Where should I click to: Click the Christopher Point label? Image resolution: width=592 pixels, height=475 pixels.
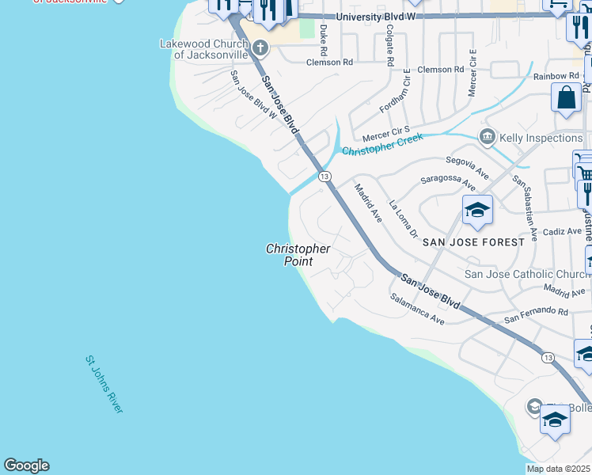[x=298, y=255]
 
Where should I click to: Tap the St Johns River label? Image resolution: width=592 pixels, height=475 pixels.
[x=104, y=384]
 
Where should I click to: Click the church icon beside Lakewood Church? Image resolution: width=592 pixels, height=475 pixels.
[x=262, y=49]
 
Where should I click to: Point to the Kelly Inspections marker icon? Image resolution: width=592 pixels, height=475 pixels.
[x=487, y=138]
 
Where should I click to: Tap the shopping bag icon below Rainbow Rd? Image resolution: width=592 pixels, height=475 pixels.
[x=567, y=100]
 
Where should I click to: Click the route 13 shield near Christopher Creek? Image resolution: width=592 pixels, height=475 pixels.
[x=324, y=176]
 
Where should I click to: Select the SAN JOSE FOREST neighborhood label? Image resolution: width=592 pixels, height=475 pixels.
[x=472, y=241]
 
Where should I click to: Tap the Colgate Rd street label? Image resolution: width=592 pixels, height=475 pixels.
[x=389, y=44]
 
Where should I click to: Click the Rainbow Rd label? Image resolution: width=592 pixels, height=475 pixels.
[x=556, y=76]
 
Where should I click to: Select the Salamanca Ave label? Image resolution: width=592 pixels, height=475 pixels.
[x=417, y=308]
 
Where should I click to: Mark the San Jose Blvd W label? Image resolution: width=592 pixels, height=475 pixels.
[x=254, y=95]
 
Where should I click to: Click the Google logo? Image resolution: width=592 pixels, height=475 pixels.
[x=26, y=465]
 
